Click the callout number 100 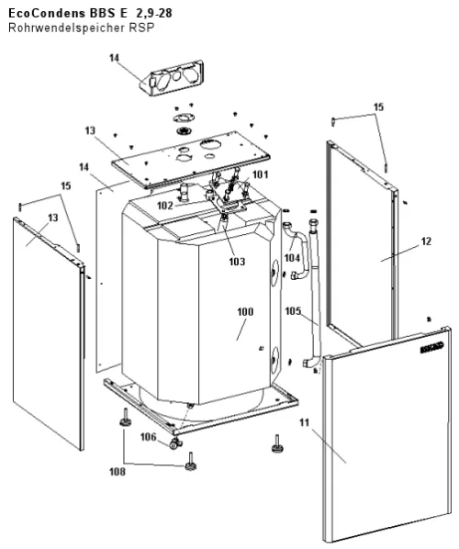pyautogui.click(x=245, y=311)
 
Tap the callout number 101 pyautogui.click(x=260, y=174)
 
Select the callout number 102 pyautogui.click(x=165, y=206)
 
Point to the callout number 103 pyautogui.click(x=237, y=262)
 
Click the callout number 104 pyautogui.click(x=292, y=258)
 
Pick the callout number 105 pyautogui.click(x=293, y=311)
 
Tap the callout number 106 pyautogui.click(x=149, y=437)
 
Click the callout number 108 pyautogui.click(x=118, y=472)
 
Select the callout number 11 pyautogui.click(x=305, y=422)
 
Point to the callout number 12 pyautogui.click(x=426, y=241)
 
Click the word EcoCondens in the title pyautogui.click(x=47, y=13)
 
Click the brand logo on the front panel pyautogui.click(x=432, y=347)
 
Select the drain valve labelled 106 pyautogui.click(x=174, y=444)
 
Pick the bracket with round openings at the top pyautogui.click(x=172, y=78)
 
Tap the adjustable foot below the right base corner pyautogui.click(x=277, y=444)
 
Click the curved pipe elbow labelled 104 pyautogui.click(x=297, y=251)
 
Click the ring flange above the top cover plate pyautogui.click(x=183, y=118)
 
